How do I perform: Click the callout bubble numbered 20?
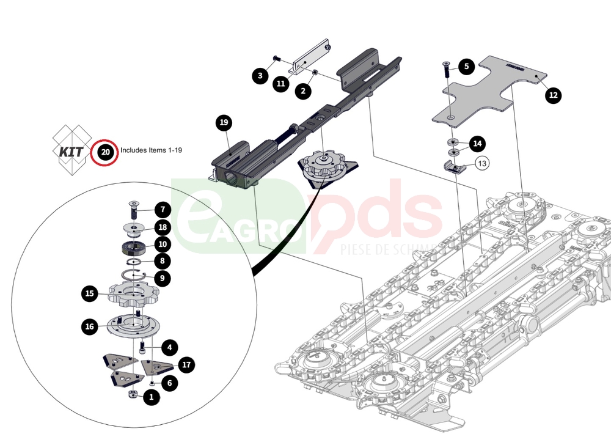(106, 151)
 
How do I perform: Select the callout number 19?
(224, 123)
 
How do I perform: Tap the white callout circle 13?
(482, 163)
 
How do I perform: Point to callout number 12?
(553, 95)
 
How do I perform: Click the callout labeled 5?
(466, 66)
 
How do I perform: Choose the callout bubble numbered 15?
(90, 294)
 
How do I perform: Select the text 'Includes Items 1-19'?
(152, 150)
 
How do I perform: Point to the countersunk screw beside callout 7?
(134, 210)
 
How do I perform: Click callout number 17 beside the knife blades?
(186, 365)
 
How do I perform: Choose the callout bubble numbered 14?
(477, 144)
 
